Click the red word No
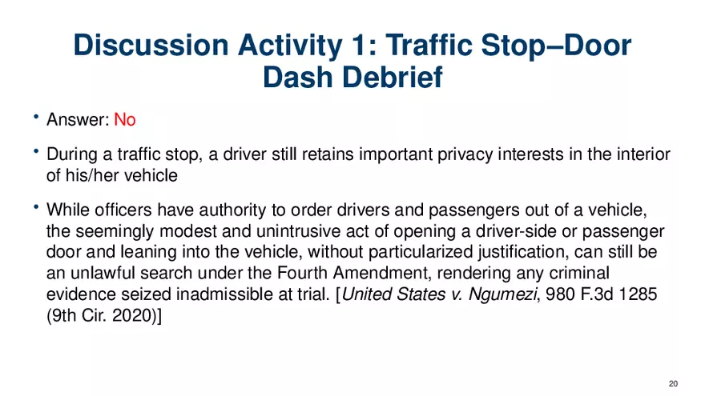(x=124, y=120)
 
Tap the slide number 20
(x=673, y=383)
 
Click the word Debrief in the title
(x=393, y=78)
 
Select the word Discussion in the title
(x=151, y=46)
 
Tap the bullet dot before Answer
(x=36, y=117)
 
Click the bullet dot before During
(x=36, y=152)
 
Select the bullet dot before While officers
(x=36, y=207)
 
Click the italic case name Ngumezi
(x=502, y=294)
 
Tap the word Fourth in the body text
(x=303, y=273)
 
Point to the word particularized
(x=421, y=252)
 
